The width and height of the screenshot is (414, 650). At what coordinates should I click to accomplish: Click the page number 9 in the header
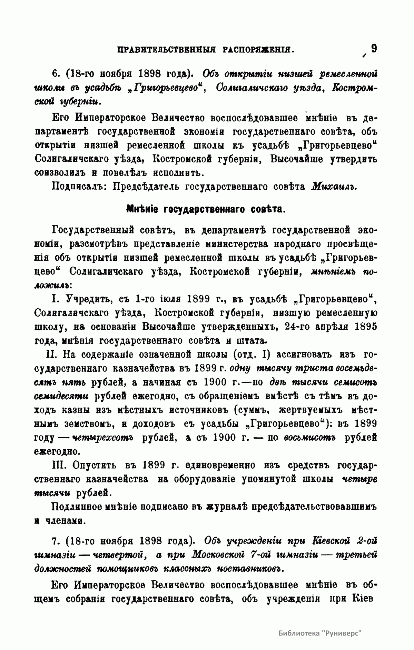(374, 48)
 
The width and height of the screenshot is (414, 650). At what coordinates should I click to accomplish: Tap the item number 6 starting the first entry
(55, 74)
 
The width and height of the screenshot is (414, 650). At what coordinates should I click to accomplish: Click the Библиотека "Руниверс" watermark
(319, 633)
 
